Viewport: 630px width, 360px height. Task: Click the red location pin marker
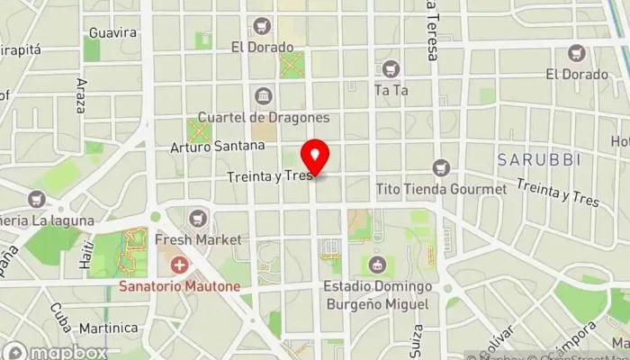tap(314, 158)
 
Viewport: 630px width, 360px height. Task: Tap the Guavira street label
tap(112, 33)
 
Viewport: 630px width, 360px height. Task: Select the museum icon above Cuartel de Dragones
tap(263, 96)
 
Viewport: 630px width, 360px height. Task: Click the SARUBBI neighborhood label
tap(539, 159)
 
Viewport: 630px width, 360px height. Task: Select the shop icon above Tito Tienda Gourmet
tap(440, 167)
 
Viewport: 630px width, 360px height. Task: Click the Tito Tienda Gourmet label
tap(441, 189)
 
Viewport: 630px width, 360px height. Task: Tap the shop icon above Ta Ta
tap(391, 68)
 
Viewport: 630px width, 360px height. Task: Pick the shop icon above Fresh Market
tap(198, 218)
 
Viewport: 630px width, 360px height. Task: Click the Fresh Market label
tap(198, 240)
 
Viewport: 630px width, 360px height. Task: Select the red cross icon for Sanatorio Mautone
tap(180, 265)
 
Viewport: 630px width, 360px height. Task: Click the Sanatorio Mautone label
tap(181, 287)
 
